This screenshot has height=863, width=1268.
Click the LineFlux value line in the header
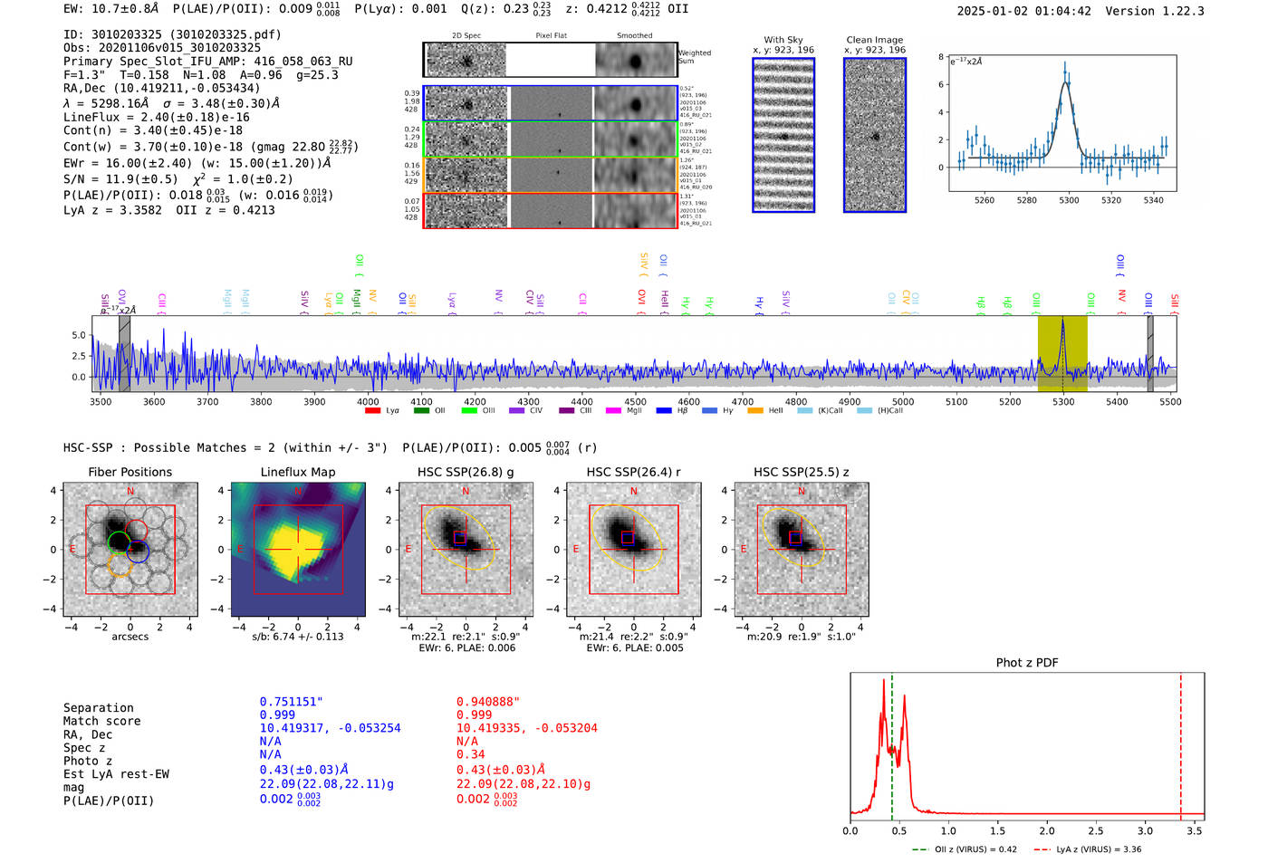point(156,117)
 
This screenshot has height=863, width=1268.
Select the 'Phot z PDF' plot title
point(1026,663)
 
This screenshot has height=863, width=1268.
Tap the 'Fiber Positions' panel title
point(130,472)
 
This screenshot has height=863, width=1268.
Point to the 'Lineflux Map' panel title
point(297,472)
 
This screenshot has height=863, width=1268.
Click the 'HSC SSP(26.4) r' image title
point(633,472)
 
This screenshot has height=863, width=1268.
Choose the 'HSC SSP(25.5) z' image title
point(801,472)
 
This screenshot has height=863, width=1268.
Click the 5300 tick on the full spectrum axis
point(1063,402)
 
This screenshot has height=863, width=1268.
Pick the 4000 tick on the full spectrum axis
point(368,402)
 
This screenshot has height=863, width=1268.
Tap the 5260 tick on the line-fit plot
point(984,200)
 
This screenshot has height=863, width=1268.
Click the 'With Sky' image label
point(783,40)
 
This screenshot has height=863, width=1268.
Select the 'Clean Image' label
point(874,40)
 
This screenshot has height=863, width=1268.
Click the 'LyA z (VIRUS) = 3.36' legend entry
point(1098,849)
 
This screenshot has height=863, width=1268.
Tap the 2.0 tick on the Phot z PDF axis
point(1047,830)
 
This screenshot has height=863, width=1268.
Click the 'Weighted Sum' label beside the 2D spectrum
point(694,57)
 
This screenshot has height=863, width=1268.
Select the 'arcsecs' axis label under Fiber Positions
point(130,637)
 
